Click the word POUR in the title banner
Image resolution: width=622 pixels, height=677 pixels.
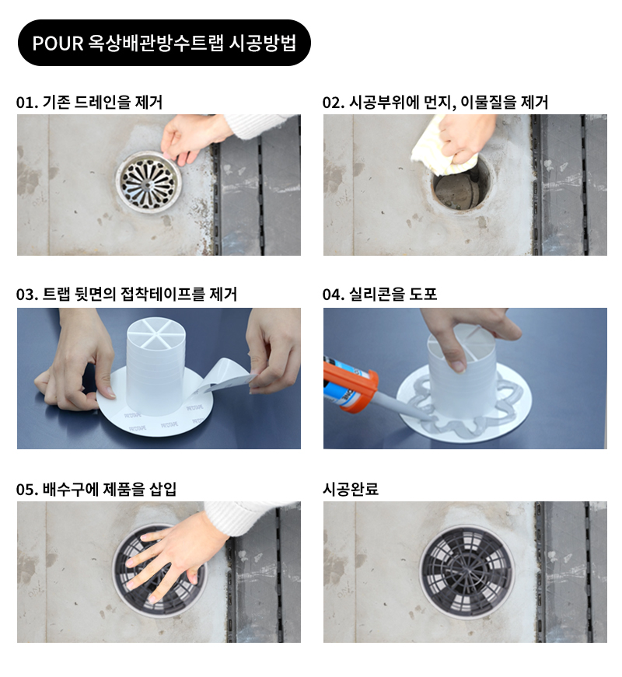[58, 44]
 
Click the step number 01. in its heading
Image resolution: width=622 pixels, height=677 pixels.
[26, 103]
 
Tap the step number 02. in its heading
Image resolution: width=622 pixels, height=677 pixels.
[333, 103]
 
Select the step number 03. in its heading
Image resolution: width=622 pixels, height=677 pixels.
[26, 295]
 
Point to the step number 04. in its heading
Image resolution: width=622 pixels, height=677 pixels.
[333, 295]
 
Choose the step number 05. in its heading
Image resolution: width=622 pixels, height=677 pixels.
[26, 490]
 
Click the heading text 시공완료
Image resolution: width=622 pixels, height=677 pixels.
[351, 489]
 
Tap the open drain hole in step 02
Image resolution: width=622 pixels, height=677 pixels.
[461, 186]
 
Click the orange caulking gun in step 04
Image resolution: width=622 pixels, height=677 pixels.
[351, 383]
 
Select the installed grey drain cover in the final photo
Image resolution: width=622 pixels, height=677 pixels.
[466, 570]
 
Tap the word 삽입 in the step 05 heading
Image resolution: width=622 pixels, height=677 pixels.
[162, 490]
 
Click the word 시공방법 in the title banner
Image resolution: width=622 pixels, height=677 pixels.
[263, 44]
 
